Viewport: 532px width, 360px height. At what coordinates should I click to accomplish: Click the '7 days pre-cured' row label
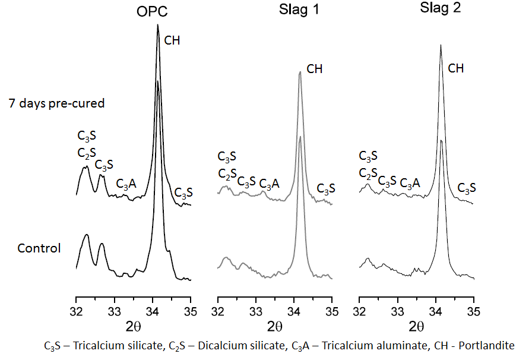click(x=56, y=103)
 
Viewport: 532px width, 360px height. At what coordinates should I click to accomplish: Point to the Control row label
click(x=39, y=248)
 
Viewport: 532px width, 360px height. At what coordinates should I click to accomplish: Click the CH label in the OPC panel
click(x=172, y=41)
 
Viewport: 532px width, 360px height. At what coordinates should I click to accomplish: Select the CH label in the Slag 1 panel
click(x=315, y=69)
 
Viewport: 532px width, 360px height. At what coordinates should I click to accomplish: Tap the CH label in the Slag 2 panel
click(x=456, y=68)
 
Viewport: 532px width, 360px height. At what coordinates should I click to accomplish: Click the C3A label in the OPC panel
click(x=126, y=184)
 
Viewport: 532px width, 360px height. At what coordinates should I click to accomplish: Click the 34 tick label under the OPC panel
click(x=153, y=311)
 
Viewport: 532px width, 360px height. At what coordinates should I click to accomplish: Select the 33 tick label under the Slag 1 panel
click(x=256, y=311)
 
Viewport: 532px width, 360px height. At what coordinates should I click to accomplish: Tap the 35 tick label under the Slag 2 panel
click(x=474, y=311)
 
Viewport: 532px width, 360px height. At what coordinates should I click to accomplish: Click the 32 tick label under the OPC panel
click(x=76, y=311)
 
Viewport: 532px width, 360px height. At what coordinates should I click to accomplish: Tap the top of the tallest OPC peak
click(x=157, y=24)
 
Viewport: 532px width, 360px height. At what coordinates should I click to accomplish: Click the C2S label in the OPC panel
click(x=87, y=153)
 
